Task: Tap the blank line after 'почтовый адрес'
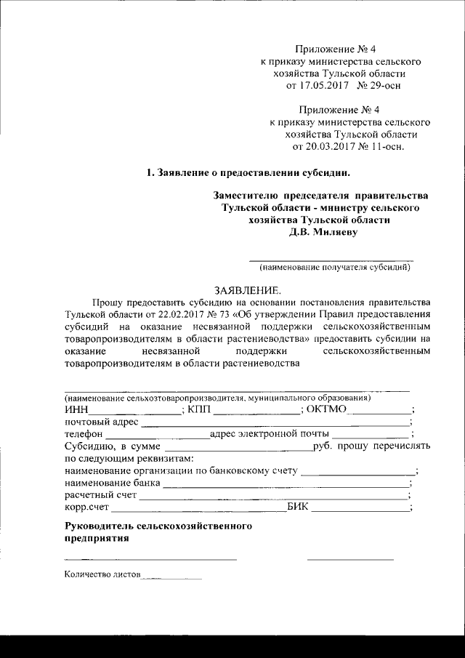point(275,424)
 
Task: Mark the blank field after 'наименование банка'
point(286,484)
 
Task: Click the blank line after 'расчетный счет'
point(273,497)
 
